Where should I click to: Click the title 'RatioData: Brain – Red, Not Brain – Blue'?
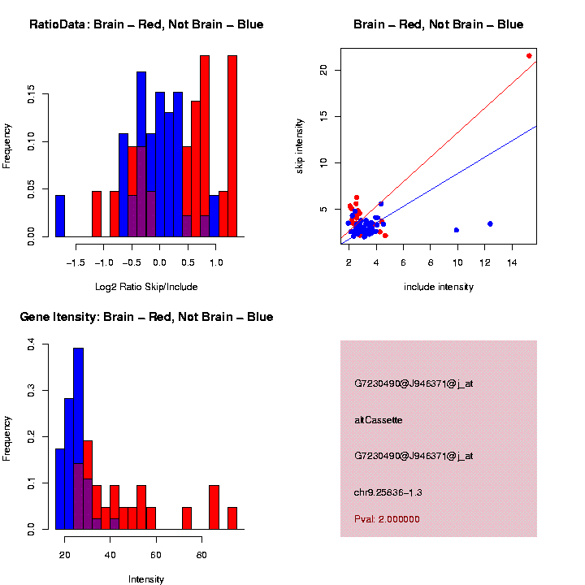click(146, 24)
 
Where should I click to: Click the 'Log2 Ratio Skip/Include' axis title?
click(146, 287)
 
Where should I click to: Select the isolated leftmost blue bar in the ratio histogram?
click(60, 216)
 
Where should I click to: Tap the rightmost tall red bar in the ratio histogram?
click(232, 146)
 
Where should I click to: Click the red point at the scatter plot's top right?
click(529, 56)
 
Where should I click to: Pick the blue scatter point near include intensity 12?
click(490, 223)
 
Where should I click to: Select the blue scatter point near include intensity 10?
click(457, 230)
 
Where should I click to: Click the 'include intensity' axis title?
click(439, 287)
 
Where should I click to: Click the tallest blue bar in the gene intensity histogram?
click(79, 439)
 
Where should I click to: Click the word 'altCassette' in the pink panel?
click(379, 420)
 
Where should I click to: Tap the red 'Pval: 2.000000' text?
click(388, 519)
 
